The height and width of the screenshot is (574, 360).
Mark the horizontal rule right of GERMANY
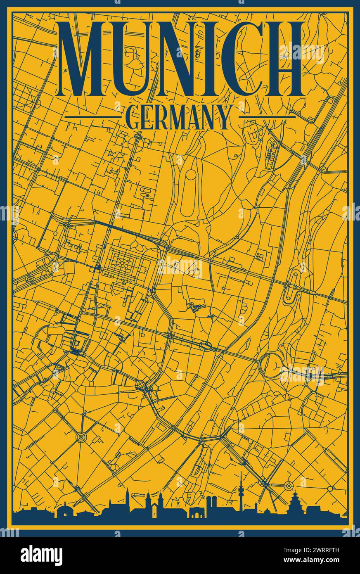pyautogui.click(x=267, y=117)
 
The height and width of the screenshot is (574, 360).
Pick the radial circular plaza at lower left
pyautogui.click(x=81, y=436)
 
